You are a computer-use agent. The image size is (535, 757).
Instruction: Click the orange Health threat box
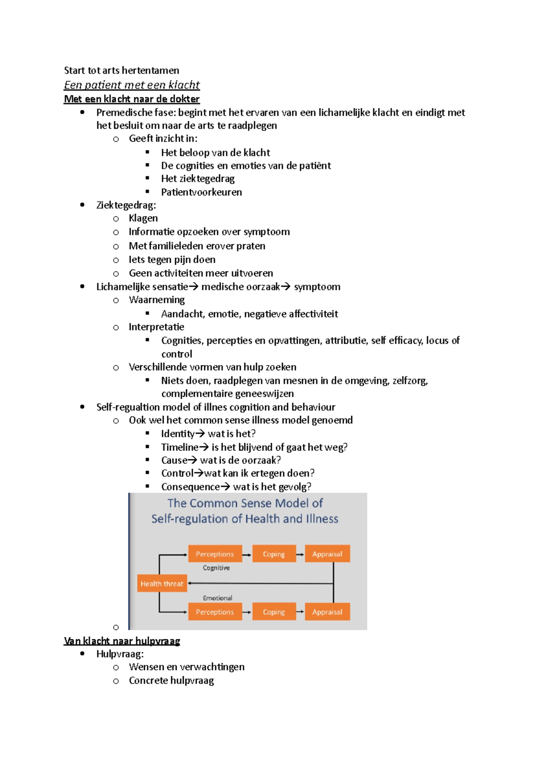pyautogui.click(x=161, y=584)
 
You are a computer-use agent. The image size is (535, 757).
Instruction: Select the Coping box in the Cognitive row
pyautogui.click(x=274, y=554)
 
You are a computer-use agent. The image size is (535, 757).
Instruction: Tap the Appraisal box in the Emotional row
pyautogui.click(x=327, y=612)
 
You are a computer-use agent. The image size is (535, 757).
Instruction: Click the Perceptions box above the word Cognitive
pyautogui.click(x=215, y=554)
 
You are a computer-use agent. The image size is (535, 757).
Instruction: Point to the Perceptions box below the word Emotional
pyautogui.click(x=215, y=612)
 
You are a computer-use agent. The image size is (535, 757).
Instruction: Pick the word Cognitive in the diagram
pyautogui.click(x=216, y=568)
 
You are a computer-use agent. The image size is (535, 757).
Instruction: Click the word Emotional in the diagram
pyautogui.click(x=218, y=598)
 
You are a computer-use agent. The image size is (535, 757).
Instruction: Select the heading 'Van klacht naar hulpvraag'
pyautogui.click(x=122, y=641)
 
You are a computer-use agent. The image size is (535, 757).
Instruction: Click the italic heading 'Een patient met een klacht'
pyautogui.click(x=132, y=85)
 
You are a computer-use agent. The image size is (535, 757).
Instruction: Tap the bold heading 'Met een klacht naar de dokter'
pyautogui.click(x=132, y=99)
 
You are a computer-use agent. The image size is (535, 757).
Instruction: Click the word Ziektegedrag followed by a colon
pyautogui.click(x=126, y=205)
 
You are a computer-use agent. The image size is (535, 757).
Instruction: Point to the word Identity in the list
pyautogui.click(x=178, y=433)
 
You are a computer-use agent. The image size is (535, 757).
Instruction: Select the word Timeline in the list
pyautogui.click(x=180, y=447)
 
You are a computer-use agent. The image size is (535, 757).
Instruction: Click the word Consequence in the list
pyautogui.click(x=190, y=486)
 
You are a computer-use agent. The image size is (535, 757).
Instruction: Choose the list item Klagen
pyautogui.click(x=143, y=218)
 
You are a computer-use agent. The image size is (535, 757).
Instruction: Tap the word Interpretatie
pyautogui.click(x=156, y=327)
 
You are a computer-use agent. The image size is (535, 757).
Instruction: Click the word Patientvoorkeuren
pyautogui.click(x=202, y=192)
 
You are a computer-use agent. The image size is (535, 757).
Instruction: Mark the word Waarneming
pyautogui.click(x=157, y=300)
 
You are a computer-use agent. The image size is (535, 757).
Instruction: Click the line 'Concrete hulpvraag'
pyautogui.click(x=171, y=680)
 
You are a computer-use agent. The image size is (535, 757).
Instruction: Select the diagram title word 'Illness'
pyautogui.click(x=322, y=519)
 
